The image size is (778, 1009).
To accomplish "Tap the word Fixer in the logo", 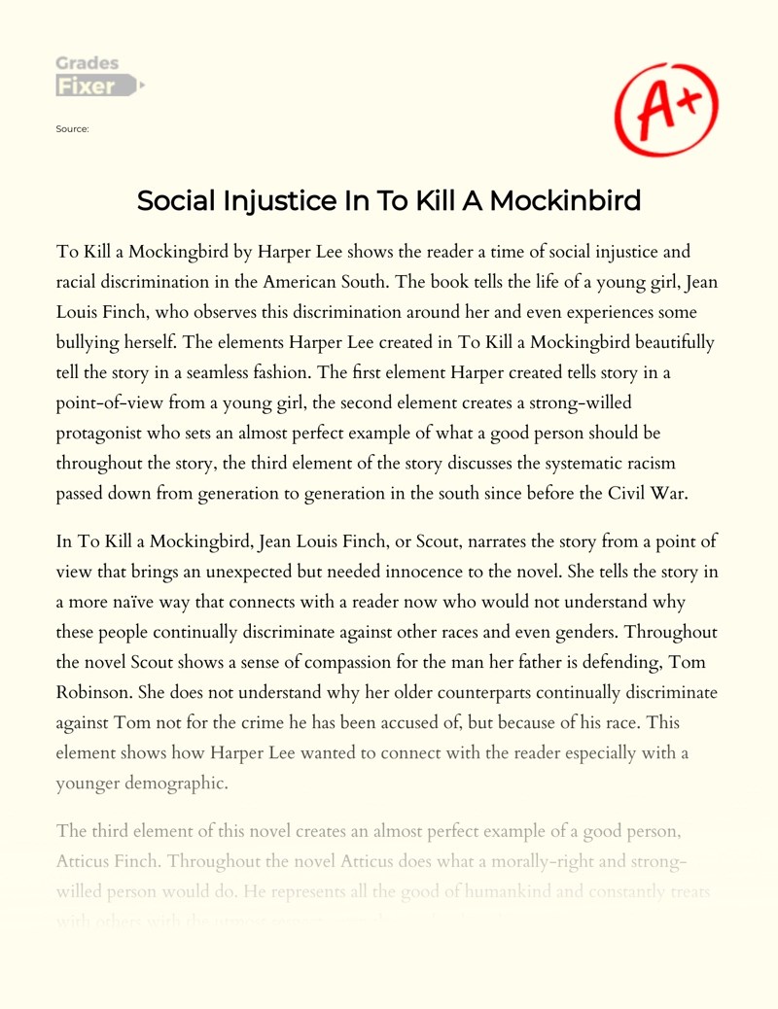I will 86,86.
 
